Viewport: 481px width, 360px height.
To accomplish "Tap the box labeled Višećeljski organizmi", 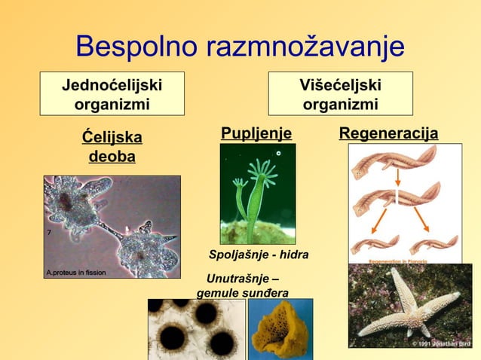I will coord(340,93).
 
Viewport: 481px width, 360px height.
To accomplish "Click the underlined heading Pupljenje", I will coord(256,134).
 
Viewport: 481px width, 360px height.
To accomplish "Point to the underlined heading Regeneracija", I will coord(388,134).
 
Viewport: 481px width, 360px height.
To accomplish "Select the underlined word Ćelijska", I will coord(112,139).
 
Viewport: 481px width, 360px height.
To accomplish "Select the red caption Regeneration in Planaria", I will coord(403,261).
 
